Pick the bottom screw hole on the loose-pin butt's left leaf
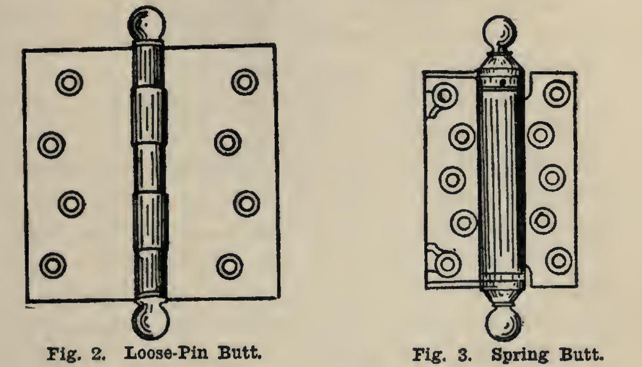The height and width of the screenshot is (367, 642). (x=53, y=264)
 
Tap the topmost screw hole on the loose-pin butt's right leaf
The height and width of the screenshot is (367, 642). (x=244, y=81)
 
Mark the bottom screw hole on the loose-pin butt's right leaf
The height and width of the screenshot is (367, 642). (x=231, y=264)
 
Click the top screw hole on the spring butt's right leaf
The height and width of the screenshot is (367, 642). (x=557, y=93)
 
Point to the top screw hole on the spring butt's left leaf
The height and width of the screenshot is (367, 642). (x=445, y=96)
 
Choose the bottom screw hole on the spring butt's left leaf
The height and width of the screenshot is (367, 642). (x=447, y=262)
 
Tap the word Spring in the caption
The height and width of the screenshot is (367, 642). (x=514, y=354)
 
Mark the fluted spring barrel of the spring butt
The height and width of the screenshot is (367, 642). (x=500, y=181)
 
